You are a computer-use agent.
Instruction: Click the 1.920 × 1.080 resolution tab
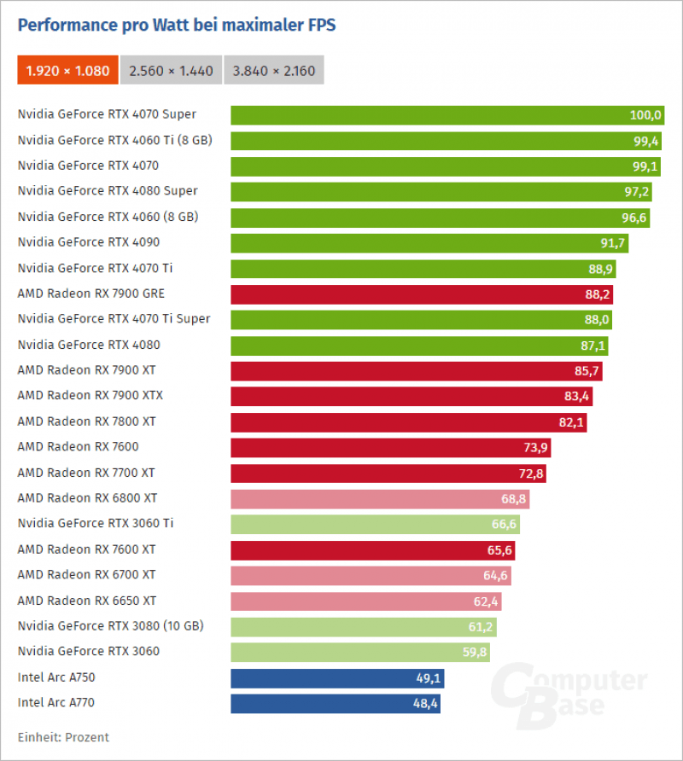click(68, 71)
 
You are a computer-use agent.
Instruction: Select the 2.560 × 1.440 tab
click(172, 71)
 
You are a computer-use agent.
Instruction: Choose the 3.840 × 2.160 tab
click(275, 71)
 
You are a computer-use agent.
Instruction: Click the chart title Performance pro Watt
click(177, 26)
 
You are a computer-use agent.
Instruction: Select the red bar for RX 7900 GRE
click(422, 294)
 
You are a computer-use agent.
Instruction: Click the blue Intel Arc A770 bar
click(335, 704)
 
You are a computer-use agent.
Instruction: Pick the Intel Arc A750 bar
click(336, 678)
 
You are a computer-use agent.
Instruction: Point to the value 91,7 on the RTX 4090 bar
click(613, 243)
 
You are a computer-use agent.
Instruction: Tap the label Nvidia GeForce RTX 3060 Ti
click(96, 523)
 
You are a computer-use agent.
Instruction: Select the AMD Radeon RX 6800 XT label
click(87, 497)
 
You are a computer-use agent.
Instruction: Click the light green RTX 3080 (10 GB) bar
click(363, 627)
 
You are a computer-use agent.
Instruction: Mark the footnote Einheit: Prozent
click(63, 736)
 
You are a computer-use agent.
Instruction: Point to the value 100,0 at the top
click(646, 115)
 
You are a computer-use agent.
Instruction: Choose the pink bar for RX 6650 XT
click(365, 601)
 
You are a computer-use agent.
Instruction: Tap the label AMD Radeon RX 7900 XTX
click(90, 395)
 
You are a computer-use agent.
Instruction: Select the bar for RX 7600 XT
click(372, 550)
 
